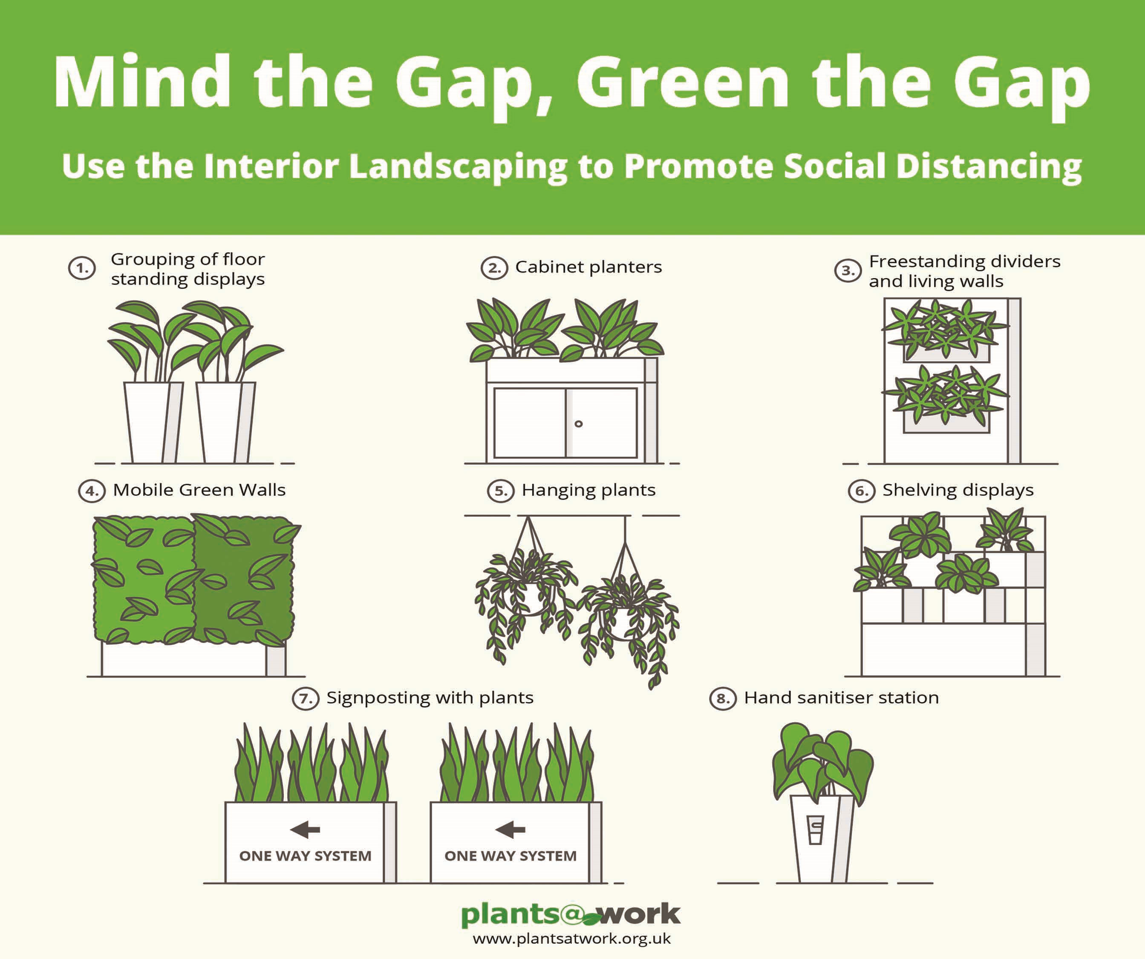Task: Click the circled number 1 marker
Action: [82, 268]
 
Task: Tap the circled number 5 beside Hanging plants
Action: [501, 491]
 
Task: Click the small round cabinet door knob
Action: [579, 423]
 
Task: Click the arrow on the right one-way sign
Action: [510, 830]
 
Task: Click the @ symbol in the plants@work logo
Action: [571, 914]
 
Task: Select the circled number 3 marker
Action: [848, 271]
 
